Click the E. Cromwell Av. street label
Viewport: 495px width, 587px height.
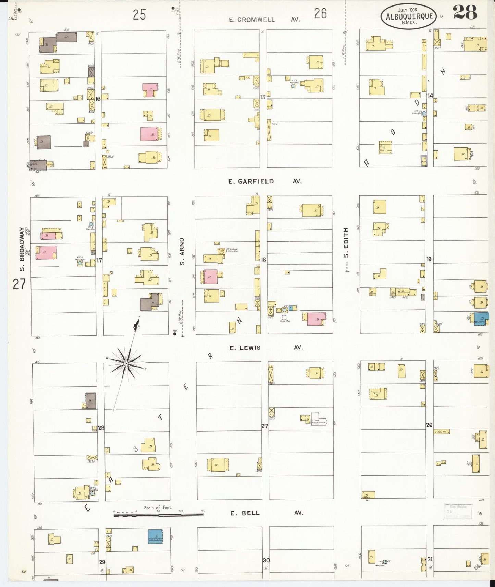click(x=264, y=20)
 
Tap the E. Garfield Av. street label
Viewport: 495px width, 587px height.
click(x=265, y=181)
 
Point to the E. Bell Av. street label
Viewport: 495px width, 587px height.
click(x=266, y=513)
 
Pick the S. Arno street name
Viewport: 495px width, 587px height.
click(x=182, y=251)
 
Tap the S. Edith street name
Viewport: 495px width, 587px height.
click(x=346, y=243)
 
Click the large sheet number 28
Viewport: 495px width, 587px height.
click(x=465, y=13)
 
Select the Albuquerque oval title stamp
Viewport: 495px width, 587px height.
click(x=409, y=16)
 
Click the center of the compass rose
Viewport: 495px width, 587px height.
click(x=126, y=363)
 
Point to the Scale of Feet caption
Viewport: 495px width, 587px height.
click(x=158, y=508)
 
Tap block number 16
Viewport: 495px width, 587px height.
click(x=98, y=99)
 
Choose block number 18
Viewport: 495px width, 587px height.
click(x=263, y=260)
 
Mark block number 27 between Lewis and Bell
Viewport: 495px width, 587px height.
click(x=264, y=426)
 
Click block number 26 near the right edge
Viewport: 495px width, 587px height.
click(x=429, y=425)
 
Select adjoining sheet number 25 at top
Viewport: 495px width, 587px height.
click(x=139, y=15)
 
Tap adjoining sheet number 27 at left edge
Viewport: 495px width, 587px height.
click(x=19, y=284)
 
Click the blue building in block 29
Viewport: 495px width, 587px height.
click(x=155, y=537)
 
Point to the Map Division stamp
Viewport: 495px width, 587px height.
click(x=458, y=511)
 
